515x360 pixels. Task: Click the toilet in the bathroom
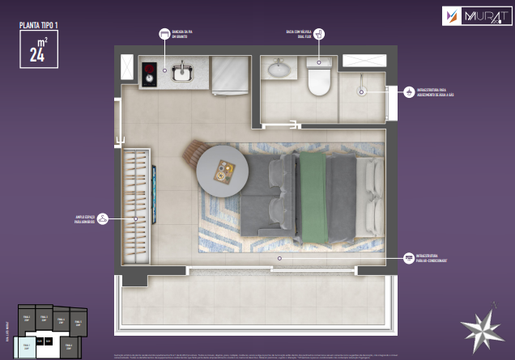319,80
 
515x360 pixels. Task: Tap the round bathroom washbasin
281,68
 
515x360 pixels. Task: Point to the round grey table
221,170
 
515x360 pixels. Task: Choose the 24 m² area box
38,50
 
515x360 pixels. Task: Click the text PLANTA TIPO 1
39,25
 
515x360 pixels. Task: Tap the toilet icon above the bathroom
319,34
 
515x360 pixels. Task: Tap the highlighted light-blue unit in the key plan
26,348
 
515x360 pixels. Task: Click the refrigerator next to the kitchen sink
229,75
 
